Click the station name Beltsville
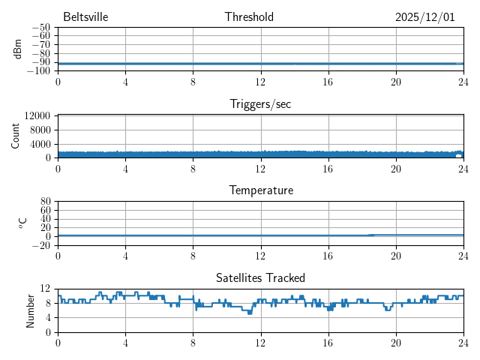[x=86, y=17]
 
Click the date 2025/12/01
[x=425, y=17]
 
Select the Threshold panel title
[x=249, y=17]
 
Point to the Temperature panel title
[x=260, y=190]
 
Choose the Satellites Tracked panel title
[x=260, y=277]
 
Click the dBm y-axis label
[x=17, y=49]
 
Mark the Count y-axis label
[x=16, y=136]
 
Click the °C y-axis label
[x=22, y=223]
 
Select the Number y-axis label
[x=31, y=310]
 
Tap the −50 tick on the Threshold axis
[x=41, y=27]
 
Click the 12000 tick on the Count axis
[x=37, y=115]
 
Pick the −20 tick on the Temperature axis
[x=41, y=246]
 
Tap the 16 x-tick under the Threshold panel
[x=328, y=82]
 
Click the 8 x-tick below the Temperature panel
[x=193, y=256]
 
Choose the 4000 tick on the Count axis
[x=40, y=144]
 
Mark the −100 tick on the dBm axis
[x=39, y=71]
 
